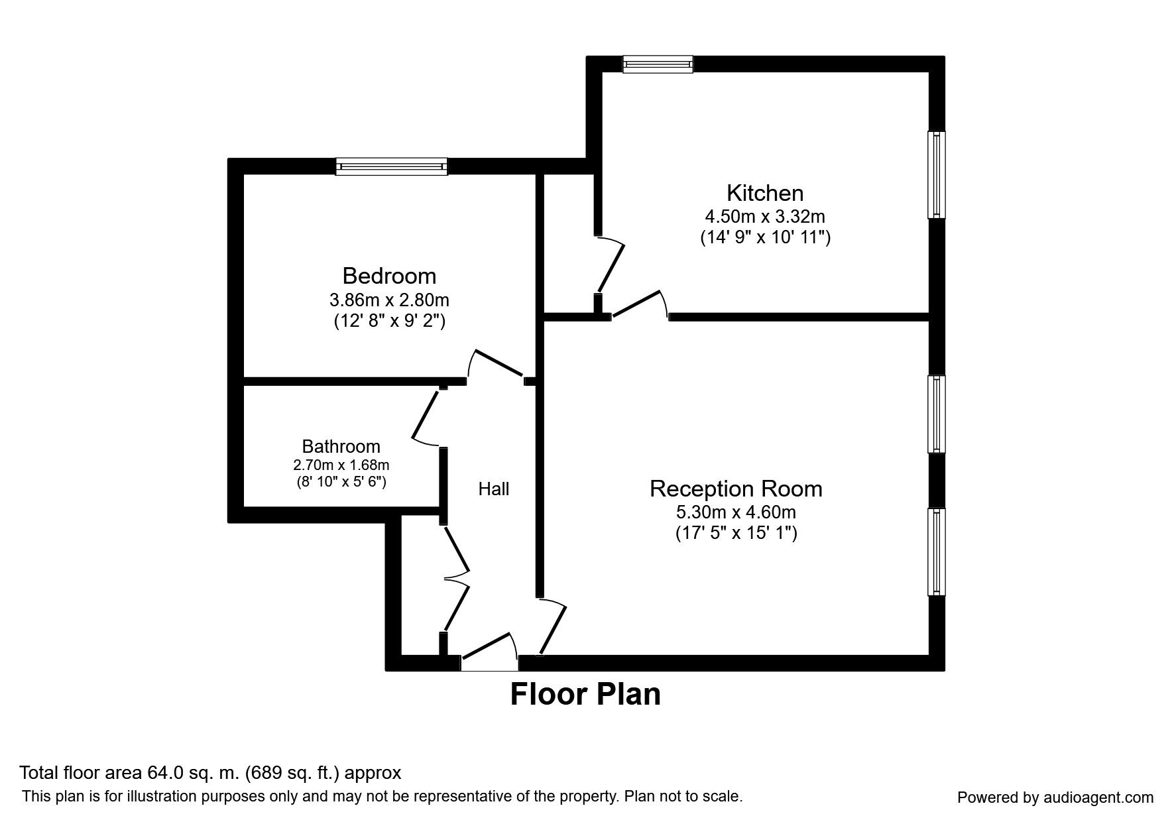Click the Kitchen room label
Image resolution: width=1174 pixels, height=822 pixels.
pos(765,193)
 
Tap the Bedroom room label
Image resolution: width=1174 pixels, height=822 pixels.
pos(389,275)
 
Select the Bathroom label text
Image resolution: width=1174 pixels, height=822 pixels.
pos(341,446)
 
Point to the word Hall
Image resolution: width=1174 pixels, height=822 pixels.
pos(494,489)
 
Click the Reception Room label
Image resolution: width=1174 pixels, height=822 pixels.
pos(736,489)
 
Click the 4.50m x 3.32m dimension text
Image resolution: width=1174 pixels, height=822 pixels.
pos(765,216)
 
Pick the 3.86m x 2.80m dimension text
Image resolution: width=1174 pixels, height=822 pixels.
pos(389,300)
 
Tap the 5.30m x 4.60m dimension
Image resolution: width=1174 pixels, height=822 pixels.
pos(736,512)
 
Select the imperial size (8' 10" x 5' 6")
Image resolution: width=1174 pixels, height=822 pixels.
pos(341,481)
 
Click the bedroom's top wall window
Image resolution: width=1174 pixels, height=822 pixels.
pos(391,166)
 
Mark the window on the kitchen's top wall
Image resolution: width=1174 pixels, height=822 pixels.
pos(658,64)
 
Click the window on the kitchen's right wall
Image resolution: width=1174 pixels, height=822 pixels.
pos(936,175)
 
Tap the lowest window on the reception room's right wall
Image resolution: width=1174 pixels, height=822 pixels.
pos(936,552)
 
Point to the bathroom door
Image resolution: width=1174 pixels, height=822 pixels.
pos(426,418)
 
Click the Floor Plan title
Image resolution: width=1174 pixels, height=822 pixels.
pos(585,694)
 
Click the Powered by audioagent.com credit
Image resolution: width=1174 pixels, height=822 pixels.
pos(1055,797)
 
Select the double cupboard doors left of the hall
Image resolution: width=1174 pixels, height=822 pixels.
pos(455,577)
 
